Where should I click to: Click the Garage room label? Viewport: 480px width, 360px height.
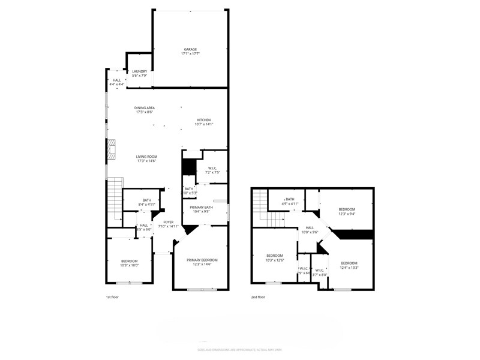[190, 52]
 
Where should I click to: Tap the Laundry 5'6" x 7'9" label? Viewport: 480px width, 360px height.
[139, 73]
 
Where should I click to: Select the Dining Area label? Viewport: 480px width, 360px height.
[144, 110]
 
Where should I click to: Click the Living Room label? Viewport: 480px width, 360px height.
[146, 158]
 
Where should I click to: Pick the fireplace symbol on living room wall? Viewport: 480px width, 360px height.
[110, 150]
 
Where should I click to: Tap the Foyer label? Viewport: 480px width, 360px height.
[168, 224]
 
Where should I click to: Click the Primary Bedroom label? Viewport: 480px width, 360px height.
[202, 262]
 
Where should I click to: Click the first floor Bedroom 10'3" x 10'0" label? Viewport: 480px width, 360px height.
[129, 263]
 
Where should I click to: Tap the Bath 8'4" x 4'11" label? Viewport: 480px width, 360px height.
[146, 202]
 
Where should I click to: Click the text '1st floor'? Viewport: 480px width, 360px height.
[112, 296]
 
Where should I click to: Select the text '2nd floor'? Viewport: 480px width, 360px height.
[259, 296]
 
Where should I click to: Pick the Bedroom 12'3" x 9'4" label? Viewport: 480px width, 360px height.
[347, 211]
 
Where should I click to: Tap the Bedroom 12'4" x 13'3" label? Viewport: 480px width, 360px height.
[349, 265]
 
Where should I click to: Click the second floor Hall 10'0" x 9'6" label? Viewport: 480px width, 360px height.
[310, 230]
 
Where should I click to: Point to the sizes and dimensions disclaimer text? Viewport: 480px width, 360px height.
[239, 349]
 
